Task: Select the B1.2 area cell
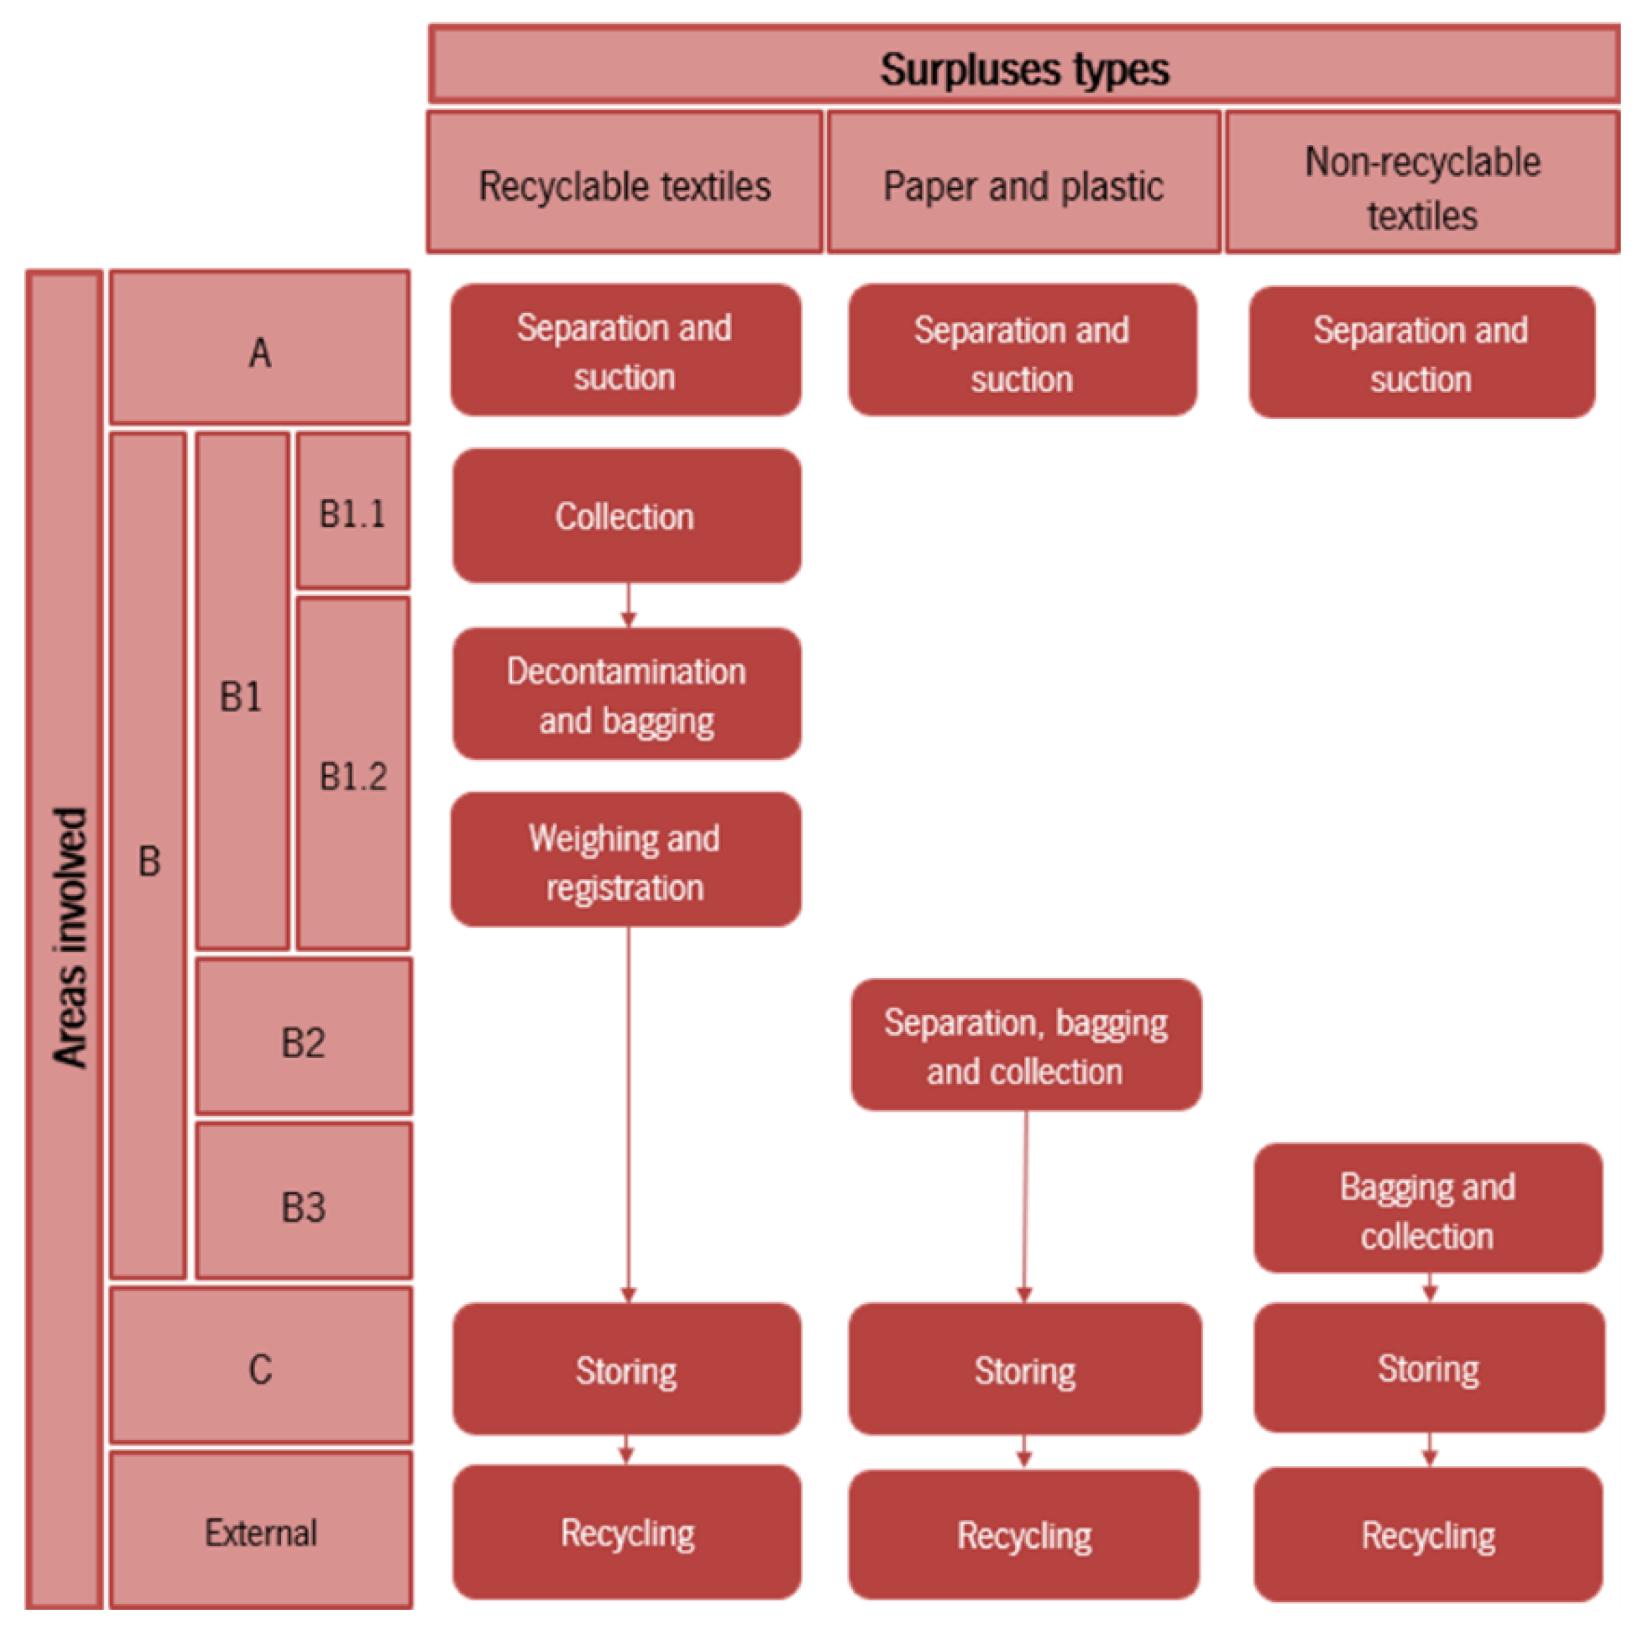352,774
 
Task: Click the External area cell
260,1532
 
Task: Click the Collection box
626,516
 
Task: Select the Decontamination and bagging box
626,694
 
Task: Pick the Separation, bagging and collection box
1026,1046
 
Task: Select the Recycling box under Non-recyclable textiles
1427,1535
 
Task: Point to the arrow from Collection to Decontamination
628,606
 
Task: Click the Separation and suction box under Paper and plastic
1022,352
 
